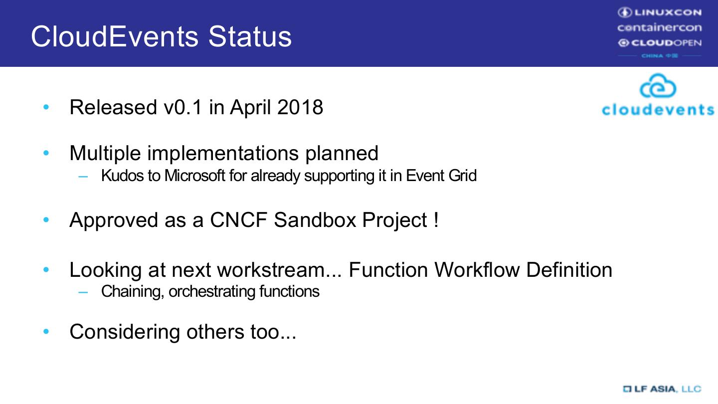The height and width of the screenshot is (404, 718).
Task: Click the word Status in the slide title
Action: point(250,36)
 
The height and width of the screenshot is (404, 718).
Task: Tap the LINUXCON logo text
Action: point(660,12)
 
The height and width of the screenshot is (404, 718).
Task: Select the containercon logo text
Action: point(660,28)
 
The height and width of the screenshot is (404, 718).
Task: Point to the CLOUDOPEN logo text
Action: point(660,43)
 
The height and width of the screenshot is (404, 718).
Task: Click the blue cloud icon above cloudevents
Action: point(658,86)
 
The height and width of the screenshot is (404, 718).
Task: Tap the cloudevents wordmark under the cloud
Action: point(658,109)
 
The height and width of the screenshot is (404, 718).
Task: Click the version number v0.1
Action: point(183,107)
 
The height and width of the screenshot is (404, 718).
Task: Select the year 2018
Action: point(300,107)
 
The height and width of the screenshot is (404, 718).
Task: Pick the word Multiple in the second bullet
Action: point(105,153)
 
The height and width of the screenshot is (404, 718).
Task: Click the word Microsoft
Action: point(194,176)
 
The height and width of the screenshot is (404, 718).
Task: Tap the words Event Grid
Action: point(441,176)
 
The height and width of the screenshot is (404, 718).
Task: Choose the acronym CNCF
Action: point(238,220)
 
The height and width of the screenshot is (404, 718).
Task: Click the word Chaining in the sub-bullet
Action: point(133,292)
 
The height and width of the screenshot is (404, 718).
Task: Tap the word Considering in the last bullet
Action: point(125,332)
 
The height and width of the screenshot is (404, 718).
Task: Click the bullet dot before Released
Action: point(46,107)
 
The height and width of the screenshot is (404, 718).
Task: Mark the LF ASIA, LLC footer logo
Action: point(662,389)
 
